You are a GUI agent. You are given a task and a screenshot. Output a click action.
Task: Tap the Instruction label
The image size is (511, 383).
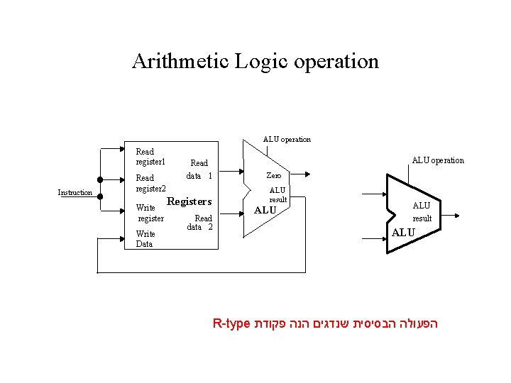pos(75,193)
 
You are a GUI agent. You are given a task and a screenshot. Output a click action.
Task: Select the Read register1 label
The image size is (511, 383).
pos(150,156)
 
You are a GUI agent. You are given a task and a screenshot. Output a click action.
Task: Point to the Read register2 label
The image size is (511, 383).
pos(150,183)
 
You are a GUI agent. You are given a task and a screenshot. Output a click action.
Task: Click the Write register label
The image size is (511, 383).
pos(150,213)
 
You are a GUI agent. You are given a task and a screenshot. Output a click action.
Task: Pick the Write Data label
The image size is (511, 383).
pos(145,238)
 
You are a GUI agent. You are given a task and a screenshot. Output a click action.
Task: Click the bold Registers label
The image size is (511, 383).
pos(189,201)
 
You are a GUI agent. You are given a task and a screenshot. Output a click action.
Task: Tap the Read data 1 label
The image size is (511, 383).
pos(199,169)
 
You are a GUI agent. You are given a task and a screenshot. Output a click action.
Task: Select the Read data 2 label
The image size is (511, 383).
pos(199,223)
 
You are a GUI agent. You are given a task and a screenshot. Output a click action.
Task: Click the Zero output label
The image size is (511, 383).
pos(273,175)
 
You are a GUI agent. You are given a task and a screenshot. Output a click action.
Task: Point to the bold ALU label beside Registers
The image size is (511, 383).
pos(265,210)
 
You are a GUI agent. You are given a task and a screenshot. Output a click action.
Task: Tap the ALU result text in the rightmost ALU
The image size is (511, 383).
pos(422,211)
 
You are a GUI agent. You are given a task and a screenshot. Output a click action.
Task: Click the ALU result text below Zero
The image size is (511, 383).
pos(278,194)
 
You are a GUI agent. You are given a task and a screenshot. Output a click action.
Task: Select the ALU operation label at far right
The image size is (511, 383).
pos(438,160)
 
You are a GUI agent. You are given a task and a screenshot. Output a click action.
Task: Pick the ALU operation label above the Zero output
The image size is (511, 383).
pos(287,139)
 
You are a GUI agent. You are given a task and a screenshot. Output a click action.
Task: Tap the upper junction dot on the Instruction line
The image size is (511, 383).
pos(100,179)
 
